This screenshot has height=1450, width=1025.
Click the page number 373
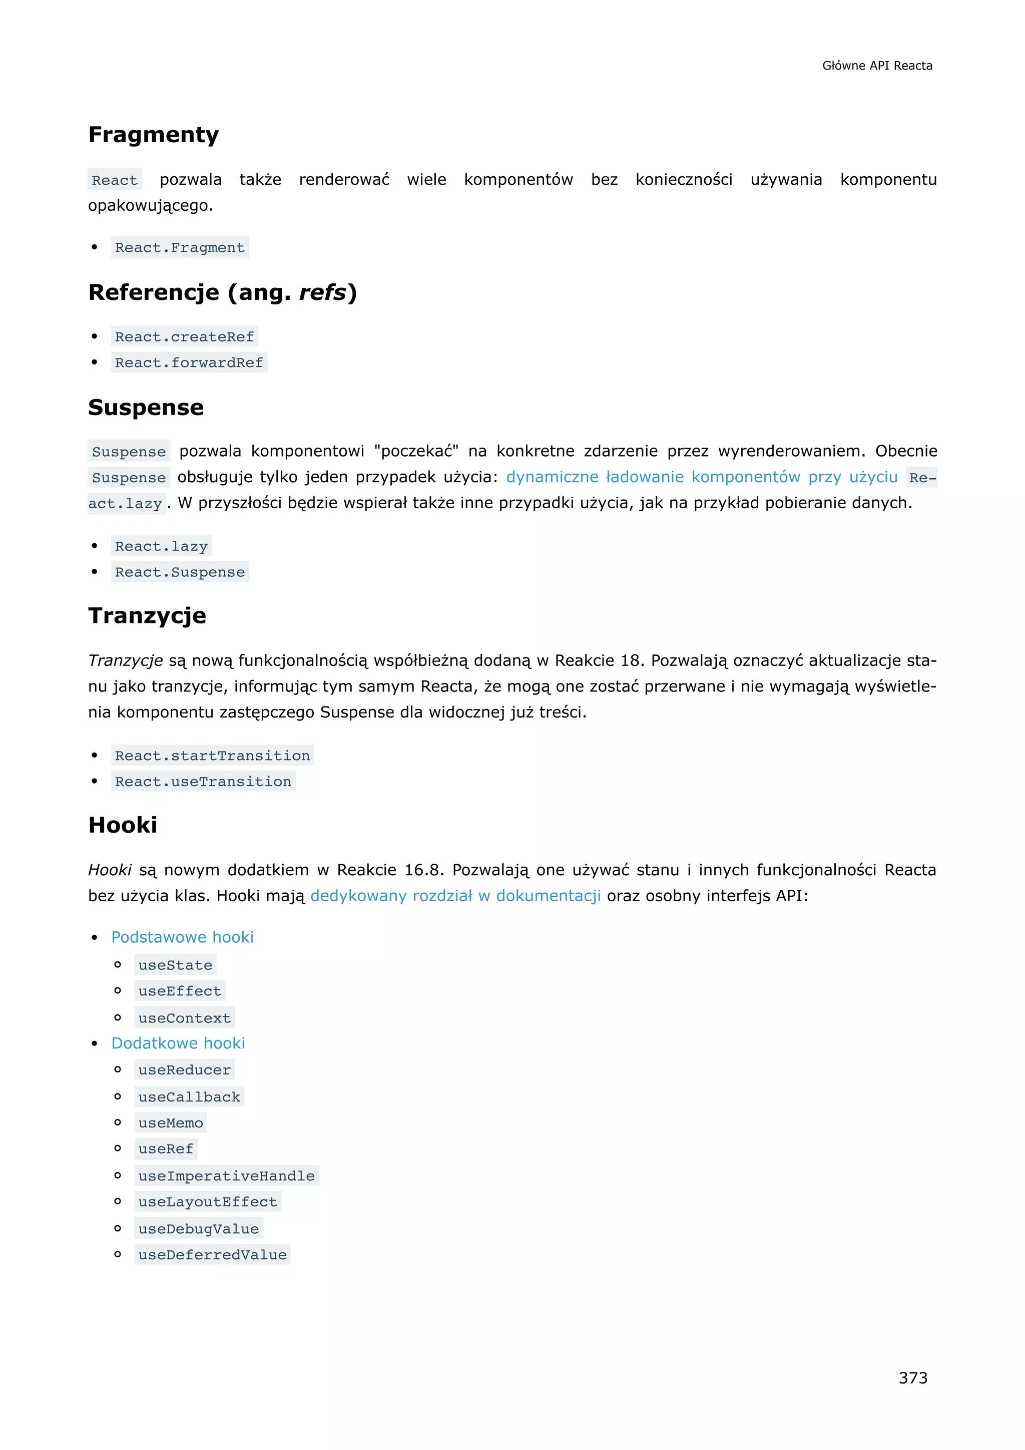[913, 1377]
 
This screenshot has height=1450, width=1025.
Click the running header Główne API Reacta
[877, 66]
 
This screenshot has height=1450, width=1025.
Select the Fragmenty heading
[153, 135]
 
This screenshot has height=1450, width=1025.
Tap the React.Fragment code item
[180, 247]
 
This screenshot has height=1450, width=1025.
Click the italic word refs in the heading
[322, 292]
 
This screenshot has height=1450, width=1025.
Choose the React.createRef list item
[184, 336]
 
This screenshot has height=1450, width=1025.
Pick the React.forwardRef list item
[189, 363]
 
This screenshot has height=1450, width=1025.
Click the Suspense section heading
[146, 408]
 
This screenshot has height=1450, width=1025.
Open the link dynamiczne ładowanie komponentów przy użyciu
[701, 477]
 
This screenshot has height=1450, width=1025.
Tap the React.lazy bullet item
[161, 546]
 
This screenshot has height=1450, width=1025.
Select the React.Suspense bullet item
[180, 572]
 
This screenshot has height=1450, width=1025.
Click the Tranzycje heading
[147, 616]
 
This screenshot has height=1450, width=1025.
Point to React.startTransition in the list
[212, 756]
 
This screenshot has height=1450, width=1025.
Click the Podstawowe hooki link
[182, 937]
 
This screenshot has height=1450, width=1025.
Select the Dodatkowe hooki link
[178, 1043]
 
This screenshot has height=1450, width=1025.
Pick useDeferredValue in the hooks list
[212, 1254]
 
